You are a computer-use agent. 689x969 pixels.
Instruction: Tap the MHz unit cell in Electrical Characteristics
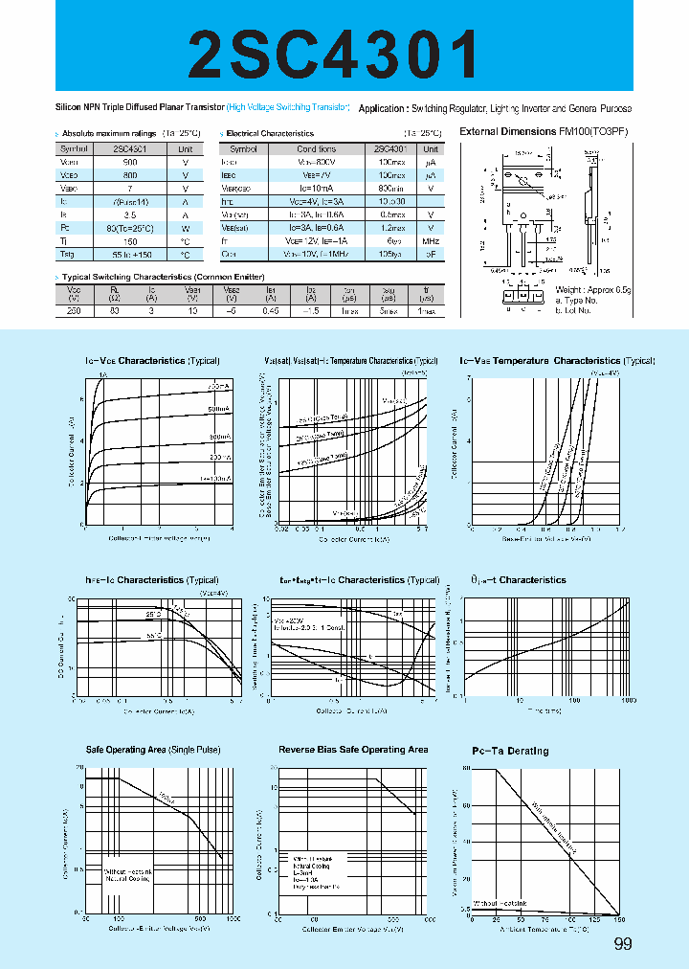pos(431,242)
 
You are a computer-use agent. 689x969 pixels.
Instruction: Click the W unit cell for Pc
pos(186,230)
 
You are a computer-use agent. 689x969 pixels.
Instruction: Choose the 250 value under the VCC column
pos(75,311)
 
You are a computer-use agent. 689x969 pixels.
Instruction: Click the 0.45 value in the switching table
pos(271,311)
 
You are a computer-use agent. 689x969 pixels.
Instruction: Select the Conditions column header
pos(316,149)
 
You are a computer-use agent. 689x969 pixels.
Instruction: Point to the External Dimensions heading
pos(544,131)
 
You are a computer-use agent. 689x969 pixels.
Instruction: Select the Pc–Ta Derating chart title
pos(510,751)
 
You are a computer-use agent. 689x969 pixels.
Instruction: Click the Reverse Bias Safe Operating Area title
pos(353,750)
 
